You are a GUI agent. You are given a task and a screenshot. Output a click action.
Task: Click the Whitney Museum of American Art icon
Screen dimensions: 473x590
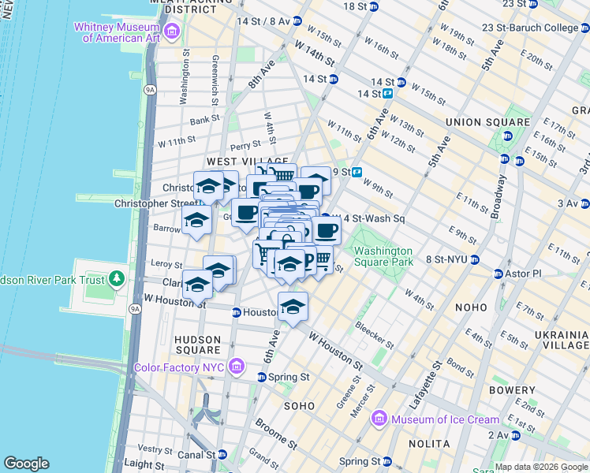172,32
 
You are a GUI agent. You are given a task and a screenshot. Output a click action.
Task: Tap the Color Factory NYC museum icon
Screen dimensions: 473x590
235,367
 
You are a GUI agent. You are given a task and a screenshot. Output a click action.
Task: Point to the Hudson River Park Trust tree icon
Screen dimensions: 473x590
117,278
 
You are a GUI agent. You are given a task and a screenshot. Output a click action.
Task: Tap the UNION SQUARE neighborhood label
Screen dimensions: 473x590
487,122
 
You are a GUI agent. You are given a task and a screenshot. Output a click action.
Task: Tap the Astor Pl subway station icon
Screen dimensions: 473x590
499,274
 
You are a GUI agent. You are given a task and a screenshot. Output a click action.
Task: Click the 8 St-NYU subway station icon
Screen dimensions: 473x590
474,259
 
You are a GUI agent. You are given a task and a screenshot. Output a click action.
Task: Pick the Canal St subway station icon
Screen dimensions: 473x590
222,454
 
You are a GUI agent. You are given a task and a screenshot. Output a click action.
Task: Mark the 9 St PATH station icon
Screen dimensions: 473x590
357,172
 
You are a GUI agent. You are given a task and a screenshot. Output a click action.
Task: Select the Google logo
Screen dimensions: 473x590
26,464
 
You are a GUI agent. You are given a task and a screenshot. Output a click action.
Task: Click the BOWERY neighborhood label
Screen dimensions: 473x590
512,390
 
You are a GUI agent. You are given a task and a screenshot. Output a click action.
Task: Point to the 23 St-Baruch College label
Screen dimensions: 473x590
545,28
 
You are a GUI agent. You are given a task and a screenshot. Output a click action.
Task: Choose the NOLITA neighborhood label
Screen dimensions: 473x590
430,444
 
